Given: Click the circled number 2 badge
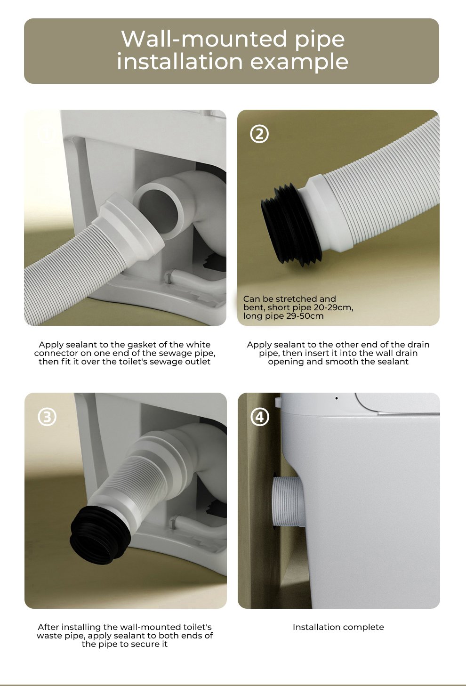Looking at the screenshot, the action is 259,134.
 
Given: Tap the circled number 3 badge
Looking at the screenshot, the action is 47,417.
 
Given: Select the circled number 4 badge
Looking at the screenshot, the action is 260,417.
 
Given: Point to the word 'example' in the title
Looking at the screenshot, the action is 299,62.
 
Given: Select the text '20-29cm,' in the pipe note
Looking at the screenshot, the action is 333,308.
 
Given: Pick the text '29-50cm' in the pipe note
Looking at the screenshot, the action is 305,316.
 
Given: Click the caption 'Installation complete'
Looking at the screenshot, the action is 338,627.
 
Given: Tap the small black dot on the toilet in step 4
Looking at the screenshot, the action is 337,398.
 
